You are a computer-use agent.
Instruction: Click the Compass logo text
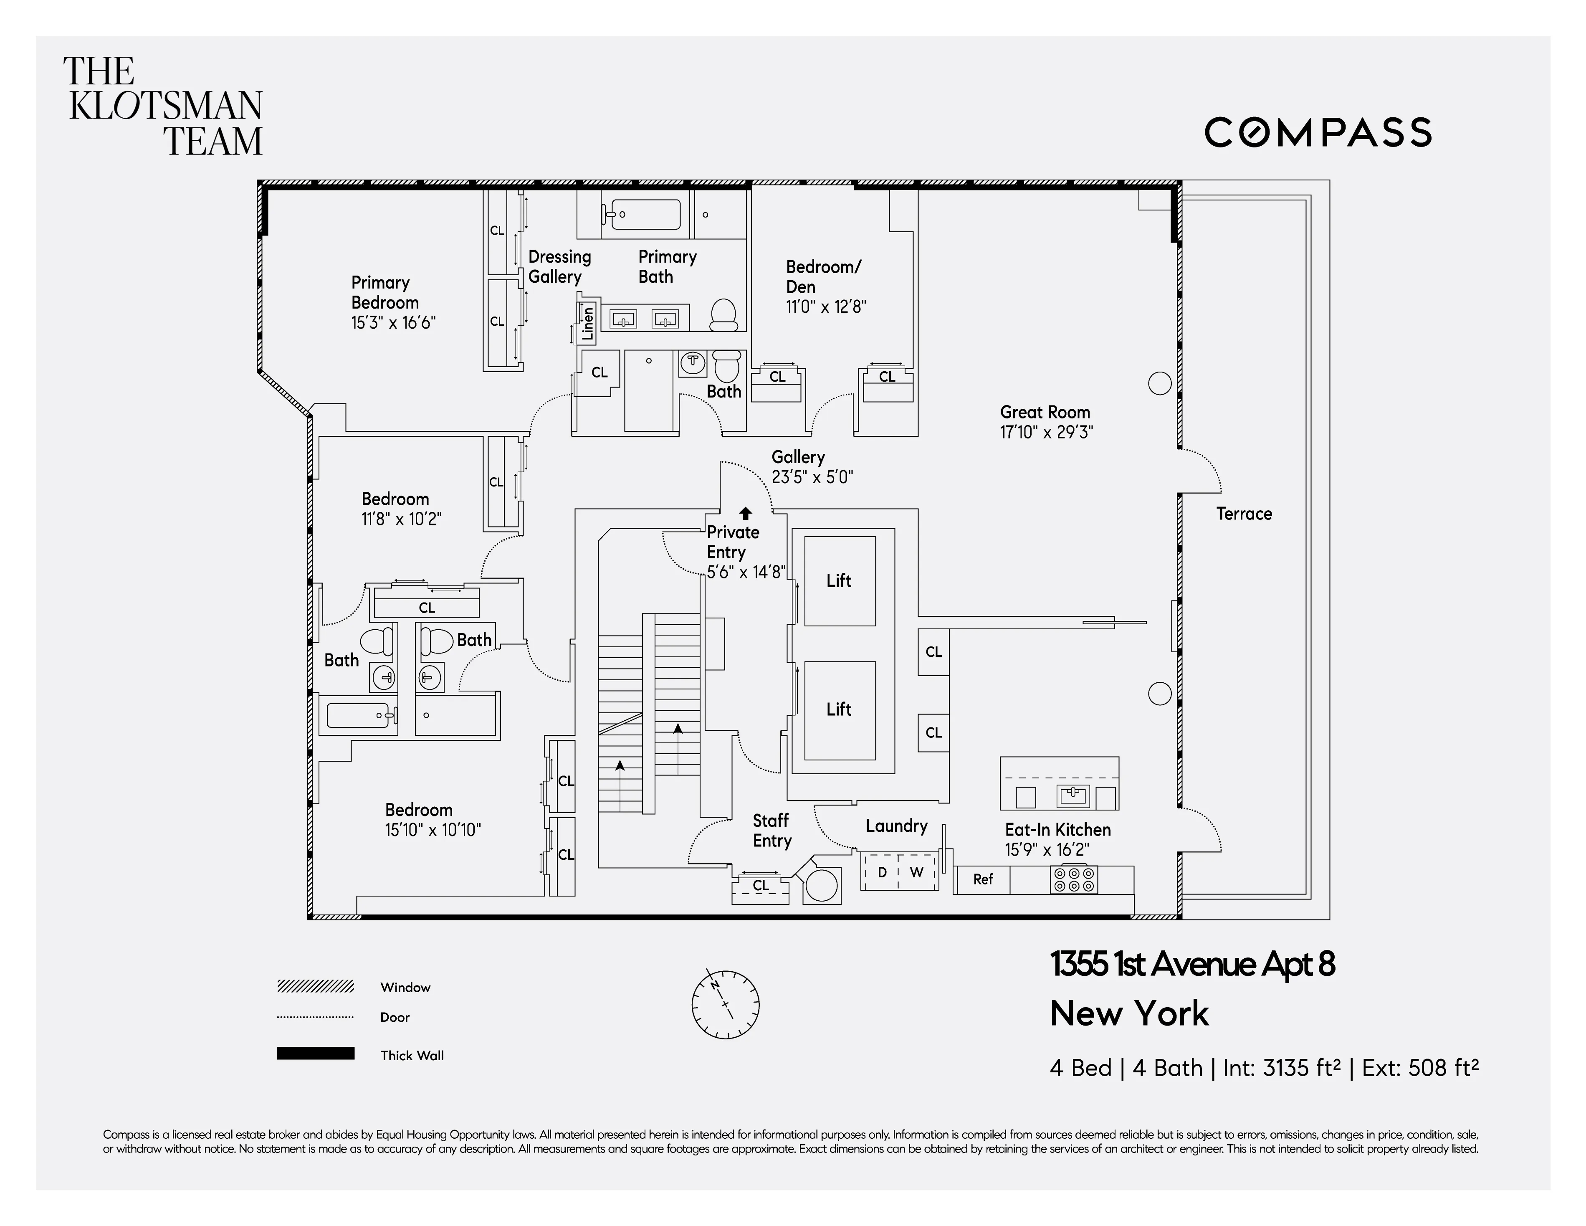click(1317, 133)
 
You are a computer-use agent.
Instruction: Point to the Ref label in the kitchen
click(983, 879)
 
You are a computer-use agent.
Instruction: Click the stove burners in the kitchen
click(1073, 879)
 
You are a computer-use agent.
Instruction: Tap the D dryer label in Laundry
click(882, 872)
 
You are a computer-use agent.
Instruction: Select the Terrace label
click(1244, 514)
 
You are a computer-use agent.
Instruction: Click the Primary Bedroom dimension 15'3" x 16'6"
click(393, 323)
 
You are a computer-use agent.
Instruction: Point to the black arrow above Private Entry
click(745, 514)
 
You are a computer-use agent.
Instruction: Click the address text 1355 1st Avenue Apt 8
click(1191, 965)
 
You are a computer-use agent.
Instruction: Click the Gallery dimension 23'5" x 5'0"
click(812, 477)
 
